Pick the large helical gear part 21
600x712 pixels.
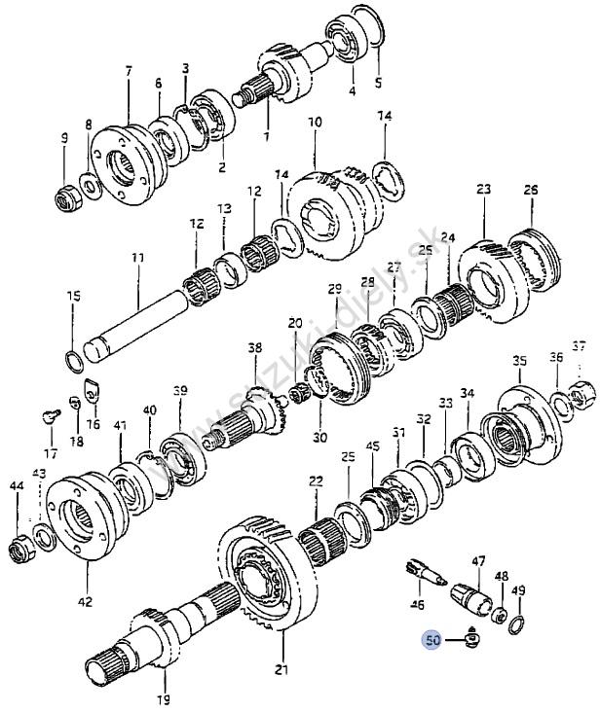(x=265, y=574)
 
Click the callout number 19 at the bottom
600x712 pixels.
(x=163, y=699)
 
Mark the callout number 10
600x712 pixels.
(x=315, y=123)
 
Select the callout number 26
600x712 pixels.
(x=531, y=190)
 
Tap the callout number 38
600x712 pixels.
(x=255, y=347)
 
